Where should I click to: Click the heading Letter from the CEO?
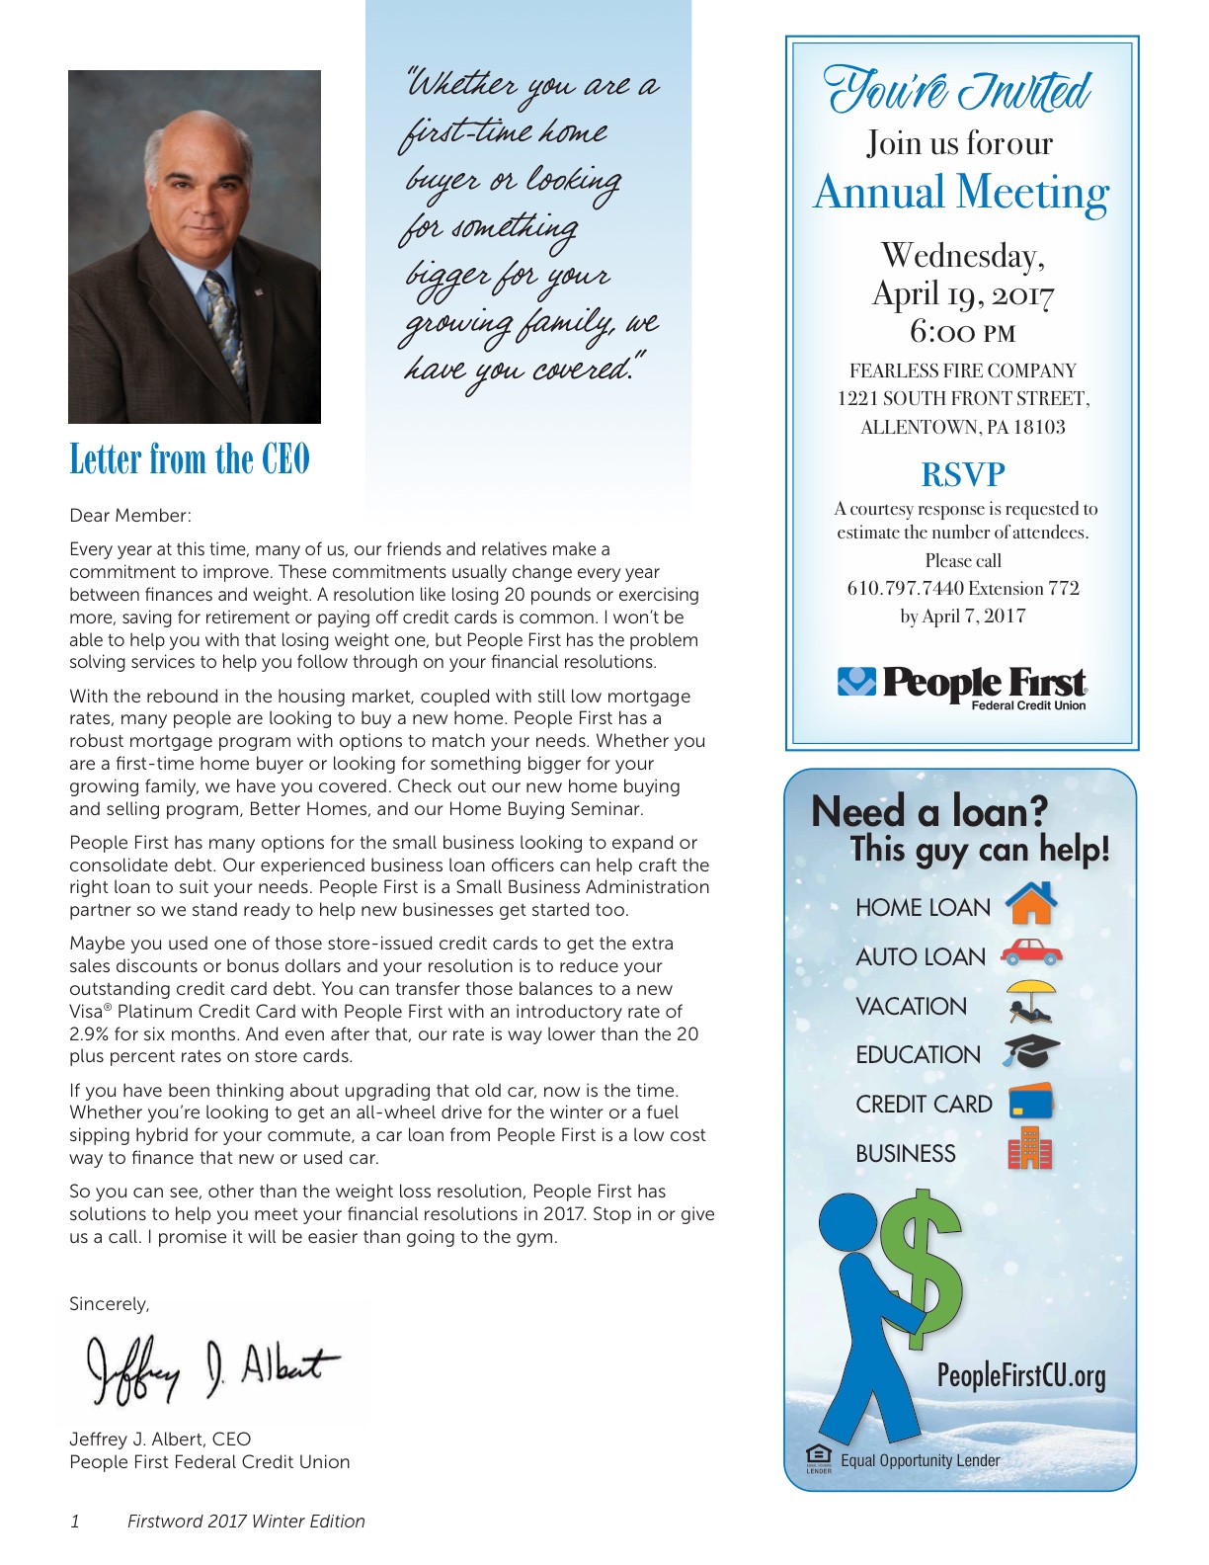click(x=190, y=459)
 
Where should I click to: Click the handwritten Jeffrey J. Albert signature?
click(x=211, y=1367)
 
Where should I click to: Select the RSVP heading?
click(x=962, y=475)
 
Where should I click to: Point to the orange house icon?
click(x=1031, y=903)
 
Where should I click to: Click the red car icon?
click(x=1031, y=952)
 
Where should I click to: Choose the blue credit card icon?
click(x=1031, y=1102)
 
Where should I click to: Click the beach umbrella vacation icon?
click(x=1031, y=1001)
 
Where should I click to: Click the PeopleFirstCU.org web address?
click(x=1021, y=1375)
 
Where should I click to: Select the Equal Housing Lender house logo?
click(x=819, y=1457)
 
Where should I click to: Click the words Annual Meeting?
click(x=961, y=193)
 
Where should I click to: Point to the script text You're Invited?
click(x=958, y=92)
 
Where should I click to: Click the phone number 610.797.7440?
click(x=905, y=589)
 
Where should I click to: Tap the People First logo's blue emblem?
click(x=856, y=681)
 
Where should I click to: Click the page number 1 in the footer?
click(x=75, y=1522)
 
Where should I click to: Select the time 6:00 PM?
click(x=962, y=332)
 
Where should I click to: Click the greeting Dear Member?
click(x=130, y=516)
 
